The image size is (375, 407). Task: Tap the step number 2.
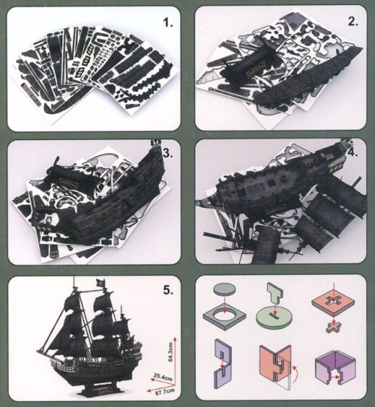tap(353, 22)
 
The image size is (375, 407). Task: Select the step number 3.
tap(168, 153)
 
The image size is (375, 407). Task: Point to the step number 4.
tap(352, 152)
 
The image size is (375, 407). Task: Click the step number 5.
tap(168, 290)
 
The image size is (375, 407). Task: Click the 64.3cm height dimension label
tap(170, 352)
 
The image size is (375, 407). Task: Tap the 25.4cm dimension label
tap(163, 376)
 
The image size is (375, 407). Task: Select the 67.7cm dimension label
tap(165, 391)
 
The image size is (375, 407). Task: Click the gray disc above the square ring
tap(225, 289)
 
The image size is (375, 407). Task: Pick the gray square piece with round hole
tap(224, 317)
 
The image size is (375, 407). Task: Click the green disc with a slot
tap(274, 318)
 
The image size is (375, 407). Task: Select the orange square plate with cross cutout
tap(333, 304)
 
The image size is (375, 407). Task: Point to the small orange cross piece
tap(334, 328)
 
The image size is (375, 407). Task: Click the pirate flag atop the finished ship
tap(100, 283)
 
